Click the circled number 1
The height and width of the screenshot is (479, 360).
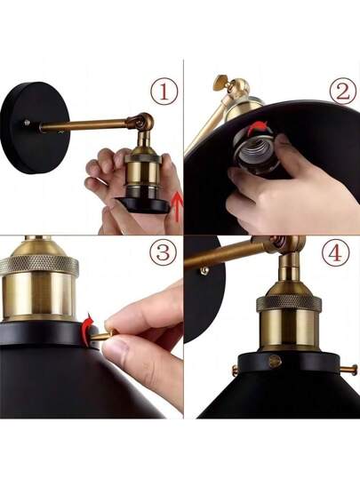click(163, 92)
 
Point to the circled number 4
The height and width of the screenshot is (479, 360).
click(335, 253)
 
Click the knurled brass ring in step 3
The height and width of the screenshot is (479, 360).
click(39, 265)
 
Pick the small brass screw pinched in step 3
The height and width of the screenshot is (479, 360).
click(108, 333)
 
